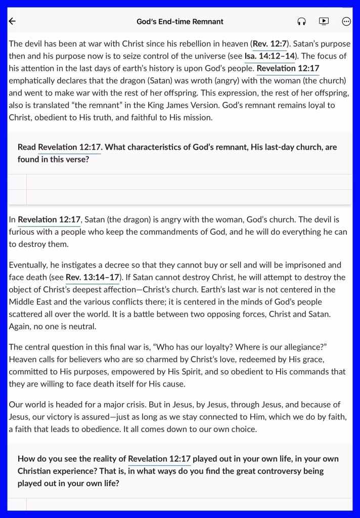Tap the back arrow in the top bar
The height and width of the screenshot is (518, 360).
(x=13, y=21)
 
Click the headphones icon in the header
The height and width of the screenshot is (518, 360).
(x=301, y=21)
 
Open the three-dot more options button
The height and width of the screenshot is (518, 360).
(x=346, y=21)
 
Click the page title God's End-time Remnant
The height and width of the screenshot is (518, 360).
(x=180, y=22)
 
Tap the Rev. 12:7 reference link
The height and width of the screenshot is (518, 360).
(x=269, y=44)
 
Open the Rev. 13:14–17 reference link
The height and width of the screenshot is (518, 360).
(x=93, y=277)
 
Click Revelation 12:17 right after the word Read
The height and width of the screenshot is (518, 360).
(x=70, y=147)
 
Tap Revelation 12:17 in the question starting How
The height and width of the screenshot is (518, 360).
(x=159, y=459)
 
